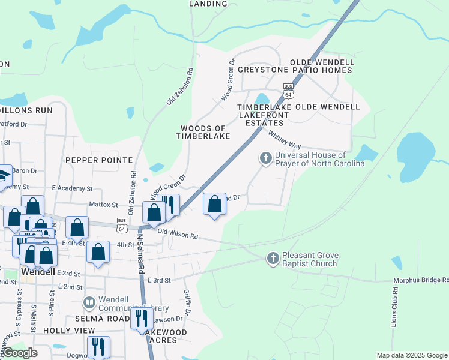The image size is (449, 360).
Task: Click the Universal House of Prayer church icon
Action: coord(265,159)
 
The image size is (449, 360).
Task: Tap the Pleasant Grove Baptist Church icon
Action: coord(273,257)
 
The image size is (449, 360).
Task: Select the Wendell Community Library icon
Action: coord(89,302)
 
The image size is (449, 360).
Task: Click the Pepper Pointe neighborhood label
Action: coord(99,160)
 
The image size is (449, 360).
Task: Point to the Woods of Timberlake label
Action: coord(203,133)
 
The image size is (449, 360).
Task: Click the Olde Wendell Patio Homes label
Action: coord(322,66)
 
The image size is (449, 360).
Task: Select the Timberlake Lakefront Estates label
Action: coord(265,115)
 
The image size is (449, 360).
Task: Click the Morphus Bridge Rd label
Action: coord(420,280)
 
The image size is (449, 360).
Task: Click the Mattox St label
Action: coord(103,205)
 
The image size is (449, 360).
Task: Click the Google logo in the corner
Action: coord(20,353)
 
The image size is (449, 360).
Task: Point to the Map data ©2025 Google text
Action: coord(412,355)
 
